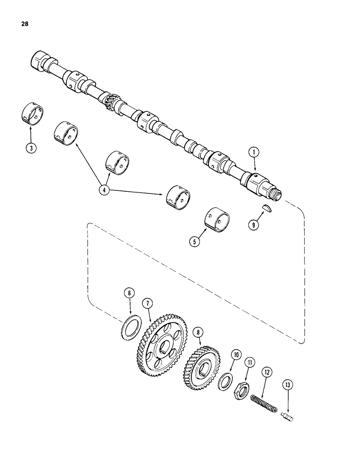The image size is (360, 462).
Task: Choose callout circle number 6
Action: coord(130,293)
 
